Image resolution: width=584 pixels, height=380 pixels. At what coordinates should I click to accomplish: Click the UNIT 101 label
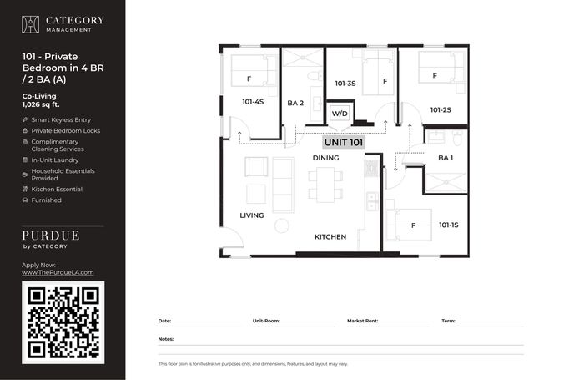pos(344,143)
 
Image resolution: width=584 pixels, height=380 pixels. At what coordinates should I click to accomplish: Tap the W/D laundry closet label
pos(340,114)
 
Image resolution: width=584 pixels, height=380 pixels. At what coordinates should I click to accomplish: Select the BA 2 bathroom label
pos(295,103)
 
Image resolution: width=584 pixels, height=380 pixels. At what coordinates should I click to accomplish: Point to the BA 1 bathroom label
pos(446,158)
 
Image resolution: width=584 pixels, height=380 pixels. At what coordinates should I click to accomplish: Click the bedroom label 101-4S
pos(253,102)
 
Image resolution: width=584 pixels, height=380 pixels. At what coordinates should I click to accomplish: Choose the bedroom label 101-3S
pos(345,84)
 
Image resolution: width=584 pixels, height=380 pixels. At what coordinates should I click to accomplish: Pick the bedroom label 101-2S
pos(441,110)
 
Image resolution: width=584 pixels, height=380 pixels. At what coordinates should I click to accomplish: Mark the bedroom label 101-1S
pos(449,225)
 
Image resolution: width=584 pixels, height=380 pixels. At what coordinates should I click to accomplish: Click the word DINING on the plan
pos(326,158)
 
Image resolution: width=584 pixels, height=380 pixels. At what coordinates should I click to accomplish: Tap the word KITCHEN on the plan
pos(330,237)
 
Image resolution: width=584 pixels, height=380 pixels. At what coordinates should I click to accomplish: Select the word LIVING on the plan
pos(252,215)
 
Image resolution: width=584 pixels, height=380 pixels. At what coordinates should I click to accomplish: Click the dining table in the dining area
pos(325,185)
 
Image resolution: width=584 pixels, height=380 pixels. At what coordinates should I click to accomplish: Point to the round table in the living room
pos(282,226)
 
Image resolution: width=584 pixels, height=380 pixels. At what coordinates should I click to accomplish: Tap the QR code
pos(63,322)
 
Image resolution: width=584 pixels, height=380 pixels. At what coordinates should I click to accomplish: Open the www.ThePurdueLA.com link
pos(58,272)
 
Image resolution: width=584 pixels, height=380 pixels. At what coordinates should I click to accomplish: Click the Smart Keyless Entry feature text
pos(61,119)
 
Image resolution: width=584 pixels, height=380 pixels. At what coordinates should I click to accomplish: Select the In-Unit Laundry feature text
pos(55,160)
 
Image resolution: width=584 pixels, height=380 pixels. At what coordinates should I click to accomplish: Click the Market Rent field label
pos(362,321)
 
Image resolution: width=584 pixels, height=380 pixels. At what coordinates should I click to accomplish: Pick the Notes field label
pos(166,339)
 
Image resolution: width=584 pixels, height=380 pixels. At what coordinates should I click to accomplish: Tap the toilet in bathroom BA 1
pos(457,137)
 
